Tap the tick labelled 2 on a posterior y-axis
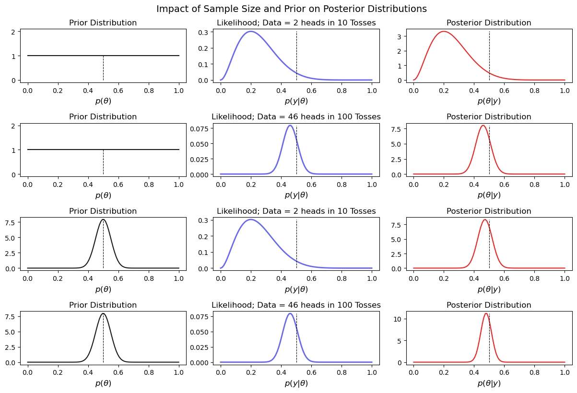[x=405, y=51]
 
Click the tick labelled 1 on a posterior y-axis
[x=405, y=66]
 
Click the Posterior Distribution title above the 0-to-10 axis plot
[x=489, y=305]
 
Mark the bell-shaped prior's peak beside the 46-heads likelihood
[x=103, y=313]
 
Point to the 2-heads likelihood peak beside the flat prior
[x=251, y=32]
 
